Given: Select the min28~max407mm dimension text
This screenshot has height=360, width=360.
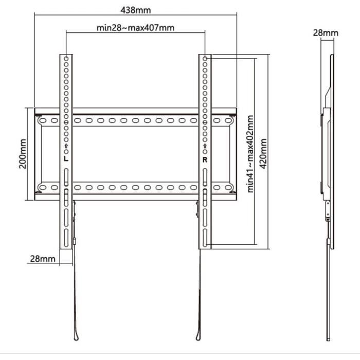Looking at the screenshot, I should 135,28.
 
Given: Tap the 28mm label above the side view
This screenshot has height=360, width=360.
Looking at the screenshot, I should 326,33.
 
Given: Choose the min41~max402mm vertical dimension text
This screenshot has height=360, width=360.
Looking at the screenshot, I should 250,153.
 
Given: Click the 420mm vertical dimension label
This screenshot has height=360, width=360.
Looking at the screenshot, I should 264,153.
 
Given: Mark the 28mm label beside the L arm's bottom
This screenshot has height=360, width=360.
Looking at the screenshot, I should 42,258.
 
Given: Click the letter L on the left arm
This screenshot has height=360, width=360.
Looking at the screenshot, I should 66,159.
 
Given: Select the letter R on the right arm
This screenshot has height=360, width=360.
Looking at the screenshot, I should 205,159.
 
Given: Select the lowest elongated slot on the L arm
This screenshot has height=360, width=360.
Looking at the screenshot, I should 66,240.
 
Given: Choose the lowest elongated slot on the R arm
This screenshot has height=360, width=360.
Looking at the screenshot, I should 205,240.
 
